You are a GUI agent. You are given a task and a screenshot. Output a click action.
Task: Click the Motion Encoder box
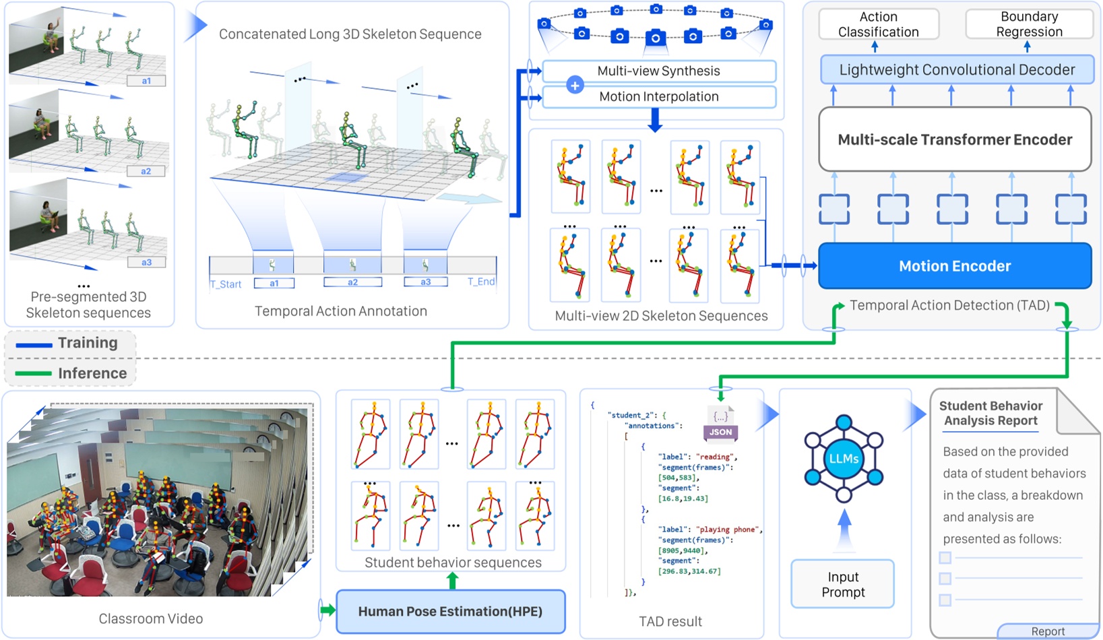point(954,266)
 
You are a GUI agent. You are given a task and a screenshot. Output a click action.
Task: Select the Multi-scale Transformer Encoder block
point(954,139)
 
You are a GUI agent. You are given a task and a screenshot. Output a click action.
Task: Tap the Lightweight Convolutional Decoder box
point(957,70)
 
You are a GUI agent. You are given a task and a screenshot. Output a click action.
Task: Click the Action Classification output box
point(878,24)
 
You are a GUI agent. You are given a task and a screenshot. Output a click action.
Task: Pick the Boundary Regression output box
point(1029,24)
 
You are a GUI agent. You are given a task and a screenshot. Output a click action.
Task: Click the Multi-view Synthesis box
point(658,71)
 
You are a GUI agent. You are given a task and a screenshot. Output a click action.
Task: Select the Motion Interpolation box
point(658,96)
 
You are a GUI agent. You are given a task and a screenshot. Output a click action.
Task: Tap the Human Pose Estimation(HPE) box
point(450,612)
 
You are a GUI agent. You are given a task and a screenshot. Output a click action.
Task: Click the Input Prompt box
point(842,584)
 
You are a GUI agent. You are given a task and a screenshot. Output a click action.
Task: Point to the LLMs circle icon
point(844,459)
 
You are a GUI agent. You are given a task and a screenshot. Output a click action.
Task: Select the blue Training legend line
point(34,345)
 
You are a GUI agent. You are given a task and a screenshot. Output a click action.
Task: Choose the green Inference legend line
point(34,373)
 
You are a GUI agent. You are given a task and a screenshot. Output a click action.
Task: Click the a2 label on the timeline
point(352,282)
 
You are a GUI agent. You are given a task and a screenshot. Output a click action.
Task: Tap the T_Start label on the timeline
point(226,284)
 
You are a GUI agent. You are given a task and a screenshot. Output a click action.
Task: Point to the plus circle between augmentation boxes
point(575,85)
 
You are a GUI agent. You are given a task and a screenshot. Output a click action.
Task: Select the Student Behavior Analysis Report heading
point(990,413)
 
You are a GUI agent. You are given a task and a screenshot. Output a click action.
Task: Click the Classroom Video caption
point(151,618)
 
